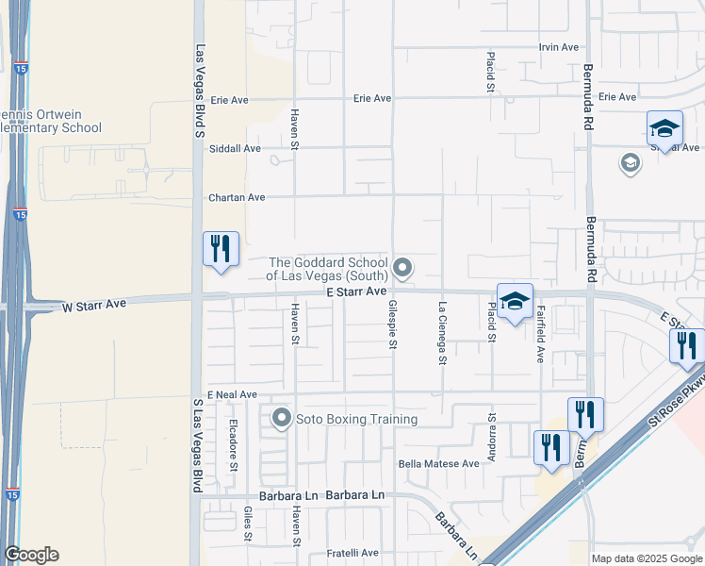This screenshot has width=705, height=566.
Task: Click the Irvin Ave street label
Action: (x=558, y=47)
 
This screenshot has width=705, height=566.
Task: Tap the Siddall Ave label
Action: (x=238, y=148)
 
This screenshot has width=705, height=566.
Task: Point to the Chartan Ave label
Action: (x=237, y=198)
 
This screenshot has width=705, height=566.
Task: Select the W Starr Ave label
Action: (x=94, y=305)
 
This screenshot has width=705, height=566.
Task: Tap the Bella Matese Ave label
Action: (x=439, y=463)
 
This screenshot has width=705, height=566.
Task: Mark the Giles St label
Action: (x=248, y=524)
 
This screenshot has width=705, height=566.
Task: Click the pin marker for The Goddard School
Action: (x=403, y=269)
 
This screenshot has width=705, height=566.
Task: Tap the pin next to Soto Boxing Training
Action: (x=281, y=418)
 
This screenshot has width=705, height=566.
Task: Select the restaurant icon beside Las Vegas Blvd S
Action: (x=221, y=249)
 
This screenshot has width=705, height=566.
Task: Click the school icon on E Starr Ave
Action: (x=515, y=301)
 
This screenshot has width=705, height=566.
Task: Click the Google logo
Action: (x=31, y=555)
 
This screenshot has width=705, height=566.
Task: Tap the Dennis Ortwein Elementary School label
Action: (x=52, y=121)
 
